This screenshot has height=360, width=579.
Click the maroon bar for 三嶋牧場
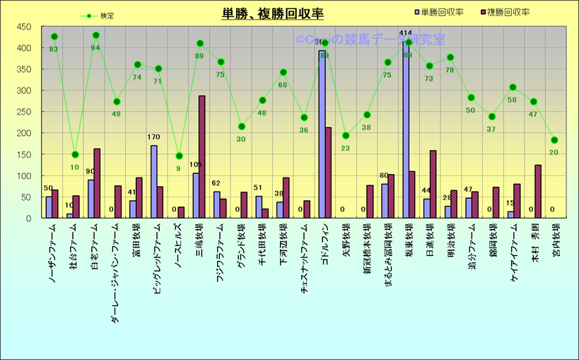[202, 157]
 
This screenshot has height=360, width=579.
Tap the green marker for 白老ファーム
[96, 35]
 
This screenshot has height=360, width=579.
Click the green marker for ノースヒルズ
[180, 156]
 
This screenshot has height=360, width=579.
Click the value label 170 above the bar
[154, 137]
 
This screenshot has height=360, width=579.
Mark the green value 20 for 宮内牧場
[554, 152]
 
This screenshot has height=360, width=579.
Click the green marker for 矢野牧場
[346, 136]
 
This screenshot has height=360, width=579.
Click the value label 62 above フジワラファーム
[217, 184]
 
